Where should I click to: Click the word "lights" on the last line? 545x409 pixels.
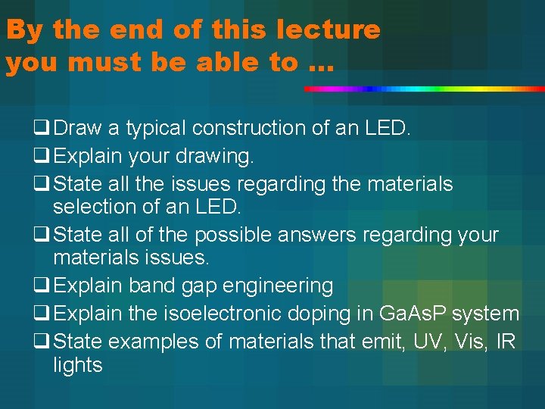tap(78, 365)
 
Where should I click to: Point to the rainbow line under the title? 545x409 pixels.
tap(424, 89)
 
